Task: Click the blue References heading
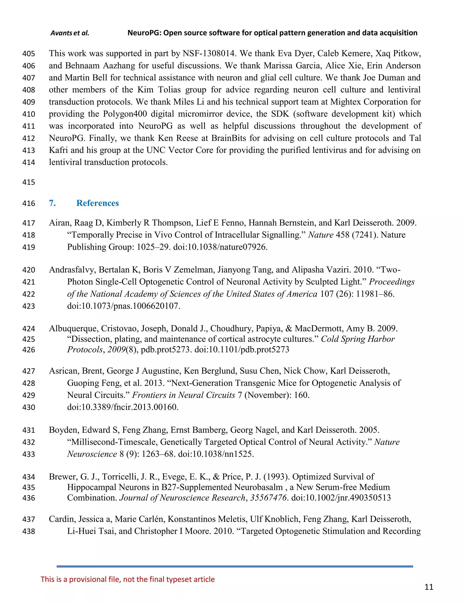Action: [x=97, y=203]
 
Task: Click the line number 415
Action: [x=29, y=182]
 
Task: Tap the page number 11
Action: [x=429, y=587]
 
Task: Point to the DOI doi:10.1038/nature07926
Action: [x=220, y=247]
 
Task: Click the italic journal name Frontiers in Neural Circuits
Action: [x=184, y=395]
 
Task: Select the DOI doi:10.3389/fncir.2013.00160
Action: [x=123, y=407]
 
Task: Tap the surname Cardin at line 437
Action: [x=62, y=519]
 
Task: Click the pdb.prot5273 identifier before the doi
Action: [x=166, y=350]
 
